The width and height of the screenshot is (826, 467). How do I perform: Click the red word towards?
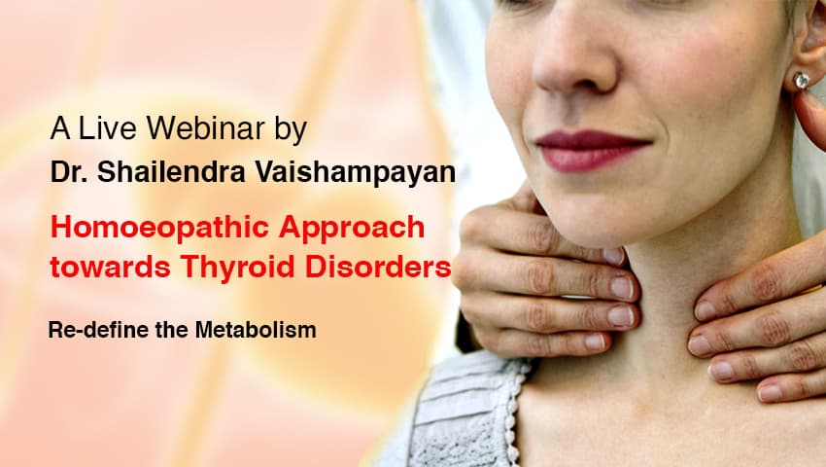click(x=104, y=267)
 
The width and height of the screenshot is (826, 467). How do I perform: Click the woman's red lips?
click(x=593, y=149)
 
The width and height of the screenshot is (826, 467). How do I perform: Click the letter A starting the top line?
click(x=57, y=129)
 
